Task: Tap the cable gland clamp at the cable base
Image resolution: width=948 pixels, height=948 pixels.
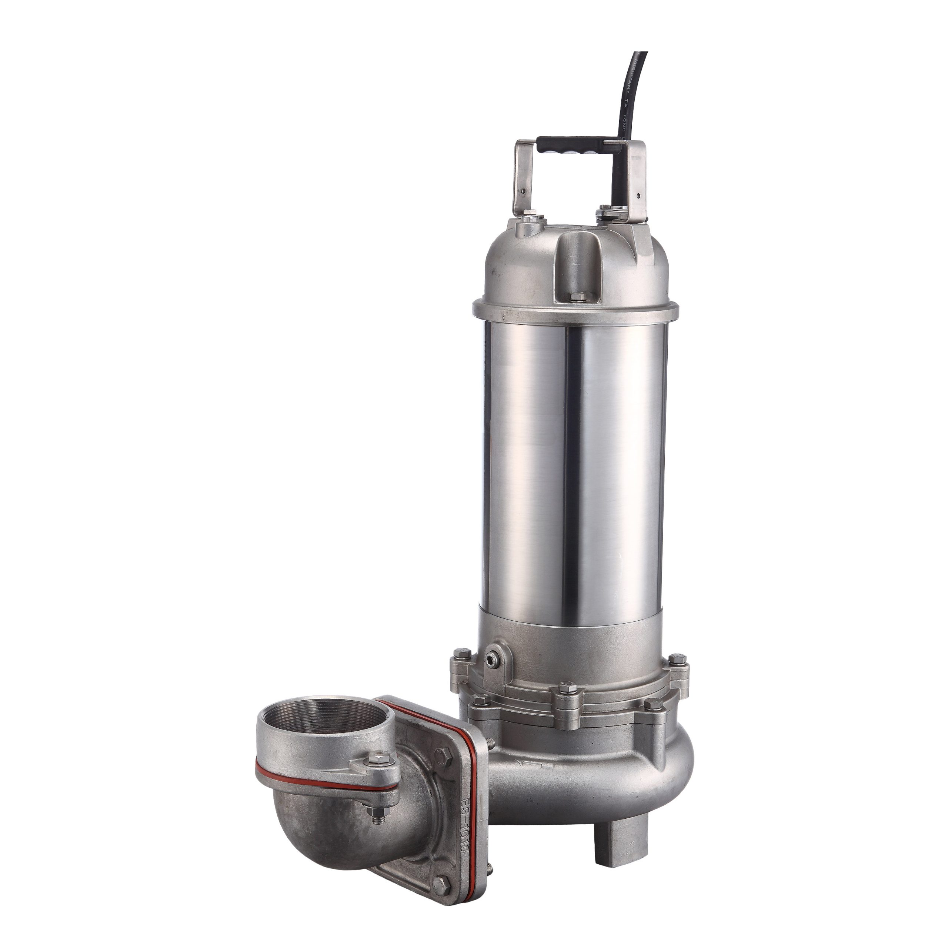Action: [608, 214]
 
